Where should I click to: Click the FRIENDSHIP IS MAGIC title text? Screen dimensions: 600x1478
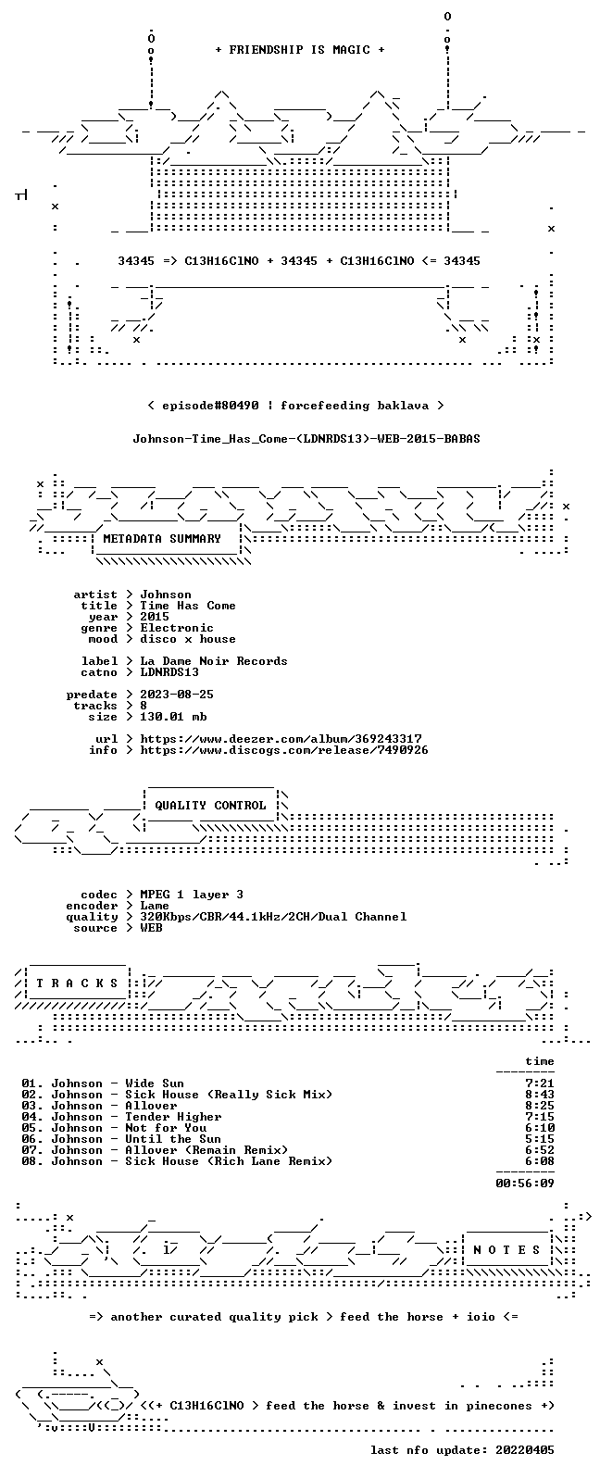click(x=300, y=50)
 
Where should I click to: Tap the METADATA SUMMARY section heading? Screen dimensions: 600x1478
click(x=162, y=539)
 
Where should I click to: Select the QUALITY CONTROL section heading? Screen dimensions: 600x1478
click(x=210, y=806)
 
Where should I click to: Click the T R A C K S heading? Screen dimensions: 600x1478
click(x=77, y=983)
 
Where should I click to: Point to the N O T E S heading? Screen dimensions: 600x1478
click(x=506, y=1250)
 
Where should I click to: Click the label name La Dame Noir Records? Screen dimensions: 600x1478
click(x=213, y=661)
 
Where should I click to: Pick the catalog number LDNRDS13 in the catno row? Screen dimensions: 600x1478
click(x=169, y=672)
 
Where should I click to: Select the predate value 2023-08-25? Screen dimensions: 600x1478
click(x=176, y=695)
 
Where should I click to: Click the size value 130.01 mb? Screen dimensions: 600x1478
click(x=173, y=717)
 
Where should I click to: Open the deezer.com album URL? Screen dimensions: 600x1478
click(x=281, y=739)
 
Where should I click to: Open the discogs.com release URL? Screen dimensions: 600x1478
click(x=284, y=750)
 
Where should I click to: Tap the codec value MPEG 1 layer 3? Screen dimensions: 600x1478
click(x=192, y=895)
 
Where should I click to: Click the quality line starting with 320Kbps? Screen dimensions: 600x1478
click(x=273, y=917)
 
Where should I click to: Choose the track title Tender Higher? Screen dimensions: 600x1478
click(x=173, y=1117)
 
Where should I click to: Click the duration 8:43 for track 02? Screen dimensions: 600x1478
click(x=539, y=1095)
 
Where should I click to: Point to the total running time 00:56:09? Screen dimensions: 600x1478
click(x=525, y=1184)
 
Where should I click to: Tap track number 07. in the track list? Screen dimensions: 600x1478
click(x=32, y=1150)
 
